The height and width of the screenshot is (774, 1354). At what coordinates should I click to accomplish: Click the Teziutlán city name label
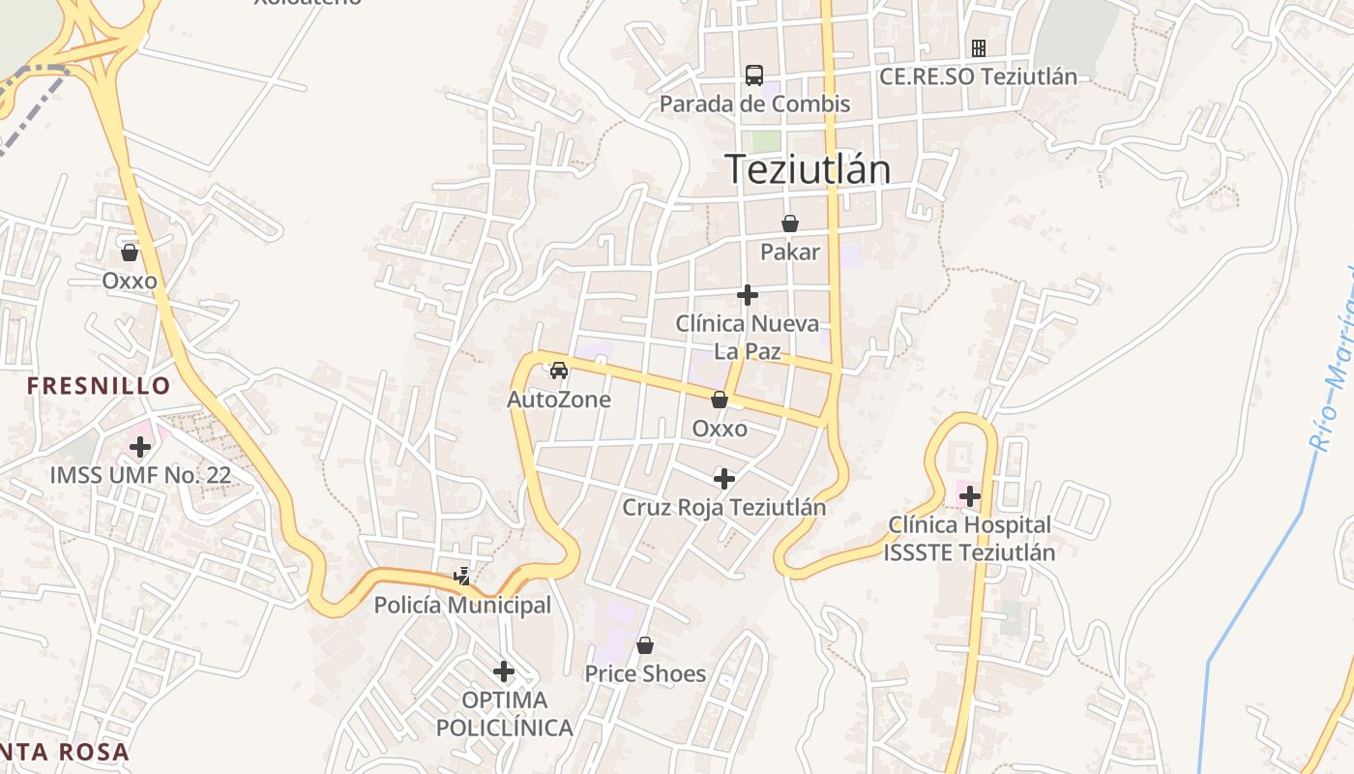(807, 169)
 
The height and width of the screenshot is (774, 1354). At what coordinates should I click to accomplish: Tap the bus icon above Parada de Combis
(754, 74)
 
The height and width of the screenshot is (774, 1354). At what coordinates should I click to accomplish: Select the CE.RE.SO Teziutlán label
(978, 77)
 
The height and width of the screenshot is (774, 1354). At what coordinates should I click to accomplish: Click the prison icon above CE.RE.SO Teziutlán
(979, 47)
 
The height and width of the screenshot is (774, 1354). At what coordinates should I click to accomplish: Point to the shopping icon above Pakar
(790, 223)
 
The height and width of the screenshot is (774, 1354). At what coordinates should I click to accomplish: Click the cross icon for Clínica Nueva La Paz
(748, 295)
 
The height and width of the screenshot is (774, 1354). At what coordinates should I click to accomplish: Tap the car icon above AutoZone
(559, 370)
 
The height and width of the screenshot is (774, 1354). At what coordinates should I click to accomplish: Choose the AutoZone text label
(559, 400)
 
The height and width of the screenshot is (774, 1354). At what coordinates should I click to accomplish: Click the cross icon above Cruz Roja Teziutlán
(724, 478)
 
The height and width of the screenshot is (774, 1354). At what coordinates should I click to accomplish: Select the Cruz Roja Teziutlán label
(724, 507)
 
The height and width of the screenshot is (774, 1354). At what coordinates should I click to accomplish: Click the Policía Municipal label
(462, 606)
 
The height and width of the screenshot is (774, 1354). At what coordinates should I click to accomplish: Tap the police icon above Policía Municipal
(462, 577)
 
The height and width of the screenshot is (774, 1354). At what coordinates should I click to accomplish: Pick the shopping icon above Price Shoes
(645, 644)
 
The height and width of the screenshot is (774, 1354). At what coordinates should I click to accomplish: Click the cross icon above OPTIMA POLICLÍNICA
(504, 670)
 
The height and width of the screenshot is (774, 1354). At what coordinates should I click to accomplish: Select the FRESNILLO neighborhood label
(99, 386)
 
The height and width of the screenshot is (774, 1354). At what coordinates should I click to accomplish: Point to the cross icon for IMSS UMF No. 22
(141, 447)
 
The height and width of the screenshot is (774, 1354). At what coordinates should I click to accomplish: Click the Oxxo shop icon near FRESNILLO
(130, 253)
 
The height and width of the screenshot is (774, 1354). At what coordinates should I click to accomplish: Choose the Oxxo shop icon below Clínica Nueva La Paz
(720, 400)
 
